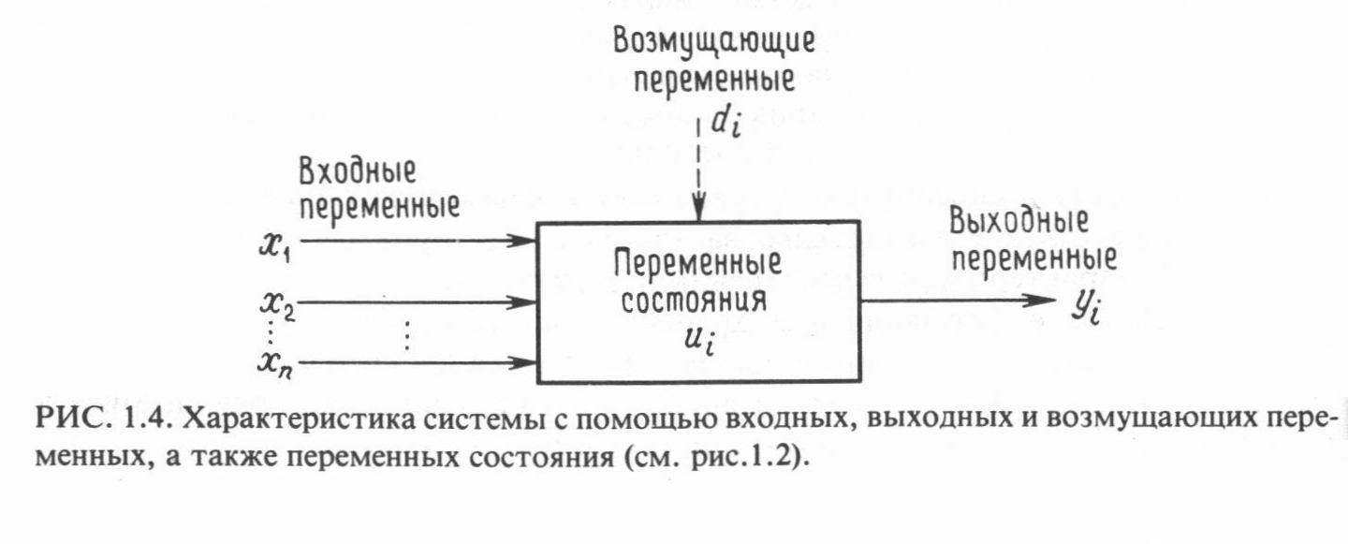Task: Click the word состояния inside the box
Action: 697,303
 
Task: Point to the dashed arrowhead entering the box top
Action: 697,211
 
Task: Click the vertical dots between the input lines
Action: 406,333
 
